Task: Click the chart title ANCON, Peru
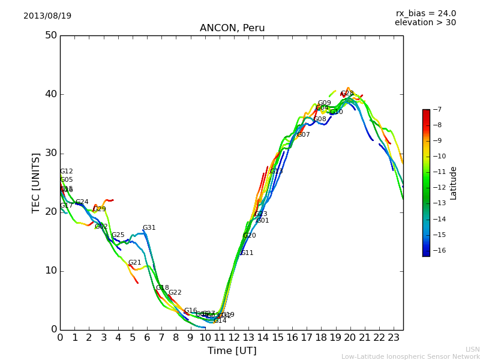[x=232, y=28]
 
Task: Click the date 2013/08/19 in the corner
[x=47, y=16]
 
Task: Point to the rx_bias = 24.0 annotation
[x=425, y=13]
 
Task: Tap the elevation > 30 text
[x=425, y=23]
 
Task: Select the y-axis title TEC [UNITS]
[x=36, y=182]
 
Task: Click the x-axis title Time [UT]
[x=232, y=351]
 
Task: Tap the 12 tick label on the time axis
[x=234, y=338]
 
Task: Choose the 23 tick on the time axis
[x=394, y=338]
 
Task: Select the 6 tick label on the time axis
[x=147, y=338]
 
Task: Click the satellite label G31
[x=149, y=228]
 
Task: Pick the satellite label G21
[x=134, y=263]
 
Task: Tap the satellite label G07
[x=304, y=135]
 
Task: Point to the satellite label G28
[x=347, y=94]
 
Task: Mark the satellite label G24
[x=82, y=202]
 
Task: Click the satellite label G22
[x=175, y=293]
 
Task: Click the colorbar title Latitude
[x=454, y=183]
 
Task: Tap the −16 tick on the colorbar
[x=438, y=251]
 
